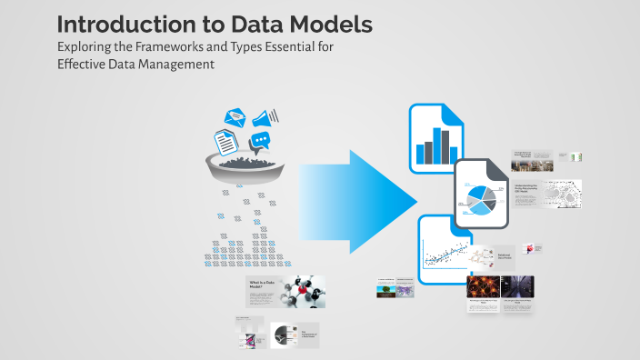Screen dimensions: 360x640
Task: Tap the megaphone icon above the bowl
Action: (266, 118)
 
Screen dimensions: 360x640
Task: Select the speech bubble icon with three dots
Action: (262, 142)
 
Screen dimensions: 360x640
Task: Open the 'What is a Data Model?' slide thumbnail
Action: (285, 292)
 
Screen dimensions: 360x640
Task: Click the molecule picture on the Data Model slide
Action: (304, 292)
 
